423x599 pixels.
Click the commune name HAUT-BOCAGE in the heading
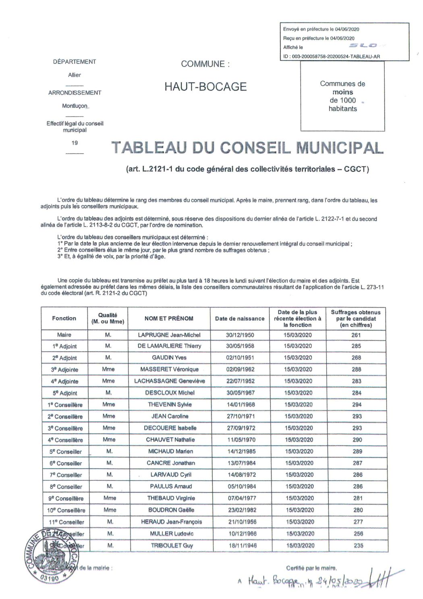(x=205, y=86)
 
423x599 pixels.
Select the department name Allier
(x=75, y=75)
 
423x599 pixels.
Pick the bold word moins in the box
(x=342, y=92)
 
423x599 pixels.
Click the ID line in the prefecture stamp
(x=332, y=56)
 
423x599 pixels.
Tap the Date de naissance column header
(x=240, y=318)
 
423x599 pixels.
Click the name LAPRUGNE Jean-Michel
(x=169, y=335)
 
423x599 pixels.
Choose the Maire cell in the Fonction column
(x=64, y=335)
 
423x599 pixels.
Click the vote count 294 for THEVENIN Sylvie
(x=357, y=405)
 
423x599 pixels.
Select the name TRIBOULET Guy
(x=171, y=545)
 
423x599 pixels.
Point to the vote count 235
(x=357, y=545)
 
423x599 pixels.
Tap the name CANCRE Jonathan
(x=171, y=463)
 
